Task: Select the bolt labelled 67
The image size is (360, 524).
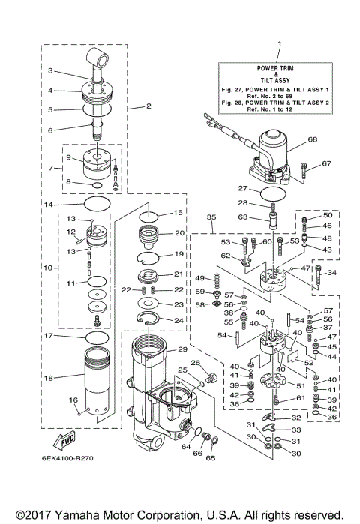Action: (304, 170)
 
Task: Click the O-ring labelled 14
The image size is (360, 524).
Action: (97, 204)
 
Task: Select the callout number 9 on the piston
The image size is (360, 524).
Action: (68, 157)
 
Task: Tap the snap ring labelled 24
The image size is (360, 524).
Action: (157, 321)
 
